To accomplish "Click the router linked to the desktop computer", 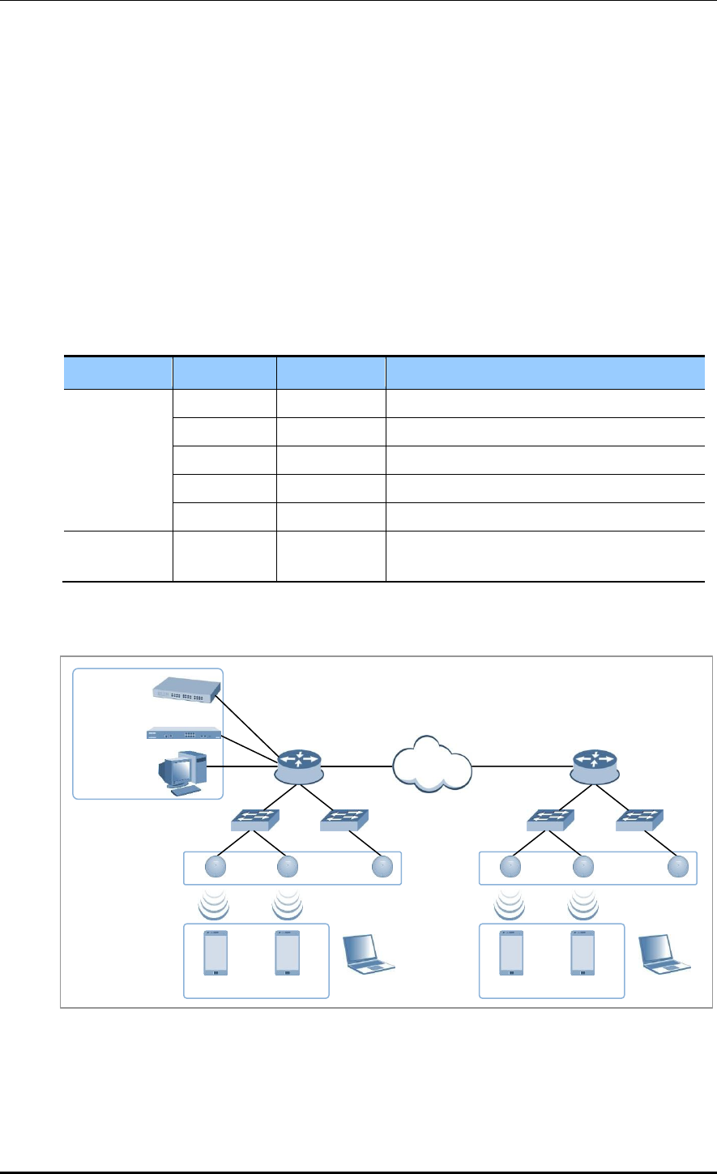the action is [x=299, y=764].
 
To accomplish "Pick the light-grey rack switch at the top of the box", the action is [x=186, y=690].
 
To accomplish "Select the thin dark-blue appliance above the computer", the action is [x=184, y=733].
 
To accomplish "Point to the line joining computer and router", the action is [x=247, y=766].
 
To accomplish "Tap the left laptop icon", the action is [x=370, y=954].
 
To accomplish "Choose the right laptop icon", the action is [x=665, y=954].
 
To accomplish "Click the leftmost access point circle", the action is [x=216, y=867].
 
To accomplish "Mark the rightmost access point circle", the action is [x=676, y=867].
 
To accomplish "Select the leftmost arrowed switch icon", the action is [x=255, y=822].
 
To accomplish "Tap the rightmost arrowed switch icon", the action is [x=639, y=822].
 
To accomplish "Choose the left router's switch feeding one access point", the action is [x=344, y=822].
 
